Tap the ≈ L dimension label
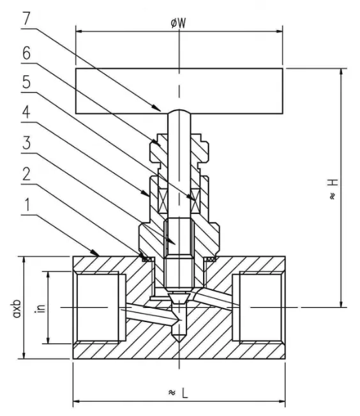click(179, 392)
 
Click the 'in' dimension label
click(40, 307)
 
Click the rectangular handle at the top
click(179, 89)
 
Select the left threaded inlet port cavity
click(97, 307)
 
